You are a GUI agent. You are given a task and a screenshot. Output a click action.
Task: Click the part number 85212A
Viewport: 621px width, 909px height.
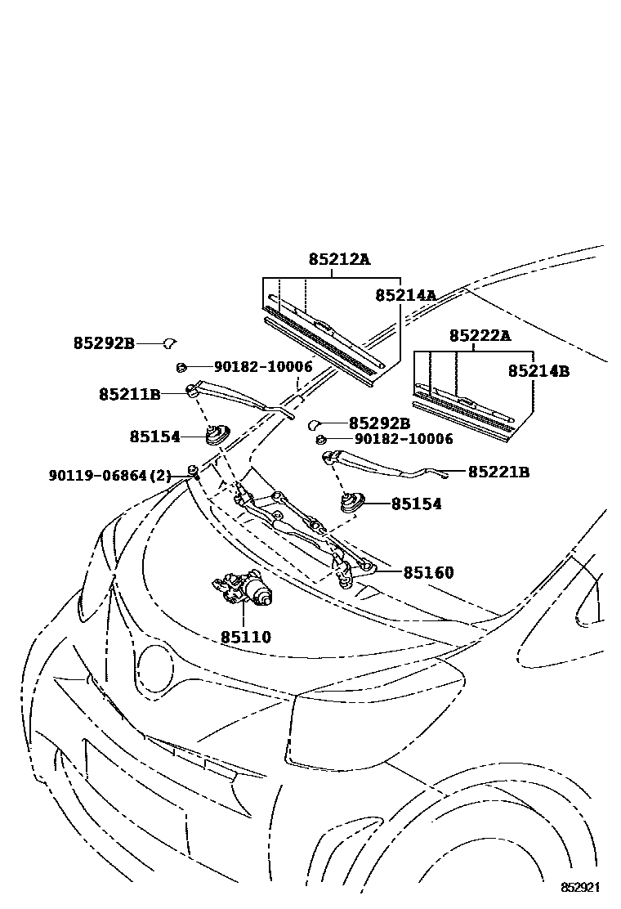pos(339,259)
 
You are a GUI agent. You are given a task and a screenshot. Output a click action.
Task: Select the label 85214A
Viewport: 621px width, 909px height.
pos(405,295)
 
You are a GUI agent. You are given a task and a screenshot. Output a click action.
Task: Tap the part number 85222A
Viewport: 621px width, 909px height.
pos(480,335)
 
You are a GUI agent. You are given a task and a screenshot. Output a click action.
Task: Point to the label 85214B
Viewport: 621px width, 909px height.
pos(538,371)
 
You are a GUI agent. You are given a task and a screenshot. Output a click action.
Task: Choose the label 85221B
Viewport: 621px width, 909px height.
pos(498,472)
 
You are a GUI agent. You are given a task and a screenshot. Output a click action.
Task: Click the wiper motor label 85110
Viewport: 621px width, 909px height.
pos(245,637)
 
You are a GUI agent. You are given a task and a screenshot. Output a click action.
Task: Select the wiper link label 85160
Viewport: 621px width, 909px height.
pos(428,572)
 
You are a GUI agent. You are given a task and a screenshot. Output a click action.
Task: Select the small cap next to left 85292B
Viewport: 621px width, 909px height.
pos(172,343)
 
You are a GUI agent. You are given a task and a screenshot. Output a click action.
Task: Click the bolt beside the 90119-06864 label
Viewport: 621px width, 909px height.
pos(193,470)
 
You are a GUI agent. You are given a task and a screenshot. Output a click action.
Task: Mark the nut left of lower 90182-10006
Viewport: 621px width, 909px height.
pos(321,440)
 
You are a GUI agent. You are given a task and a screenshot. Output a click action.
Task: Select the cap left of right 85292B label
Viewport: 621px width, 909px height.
pos(313,423)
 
